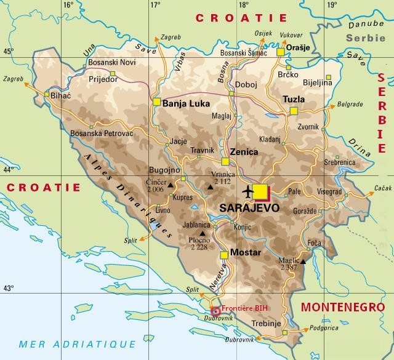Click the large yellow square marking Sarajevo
[x=261, y=192]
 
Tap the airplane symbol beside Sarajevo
[x=248, y=191]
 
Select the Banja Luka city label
[x=186, y=103]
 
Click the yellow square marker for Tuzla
[x=294, y=111]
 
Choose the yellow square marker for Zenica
[x=225, y=161]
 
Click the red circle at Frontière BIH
[x=215, y=311]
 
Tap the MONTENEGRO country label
[x=342, y=306]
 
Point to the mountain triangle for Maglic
[x=302, y=262]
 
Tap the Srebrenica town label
[x=340, y=162]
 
